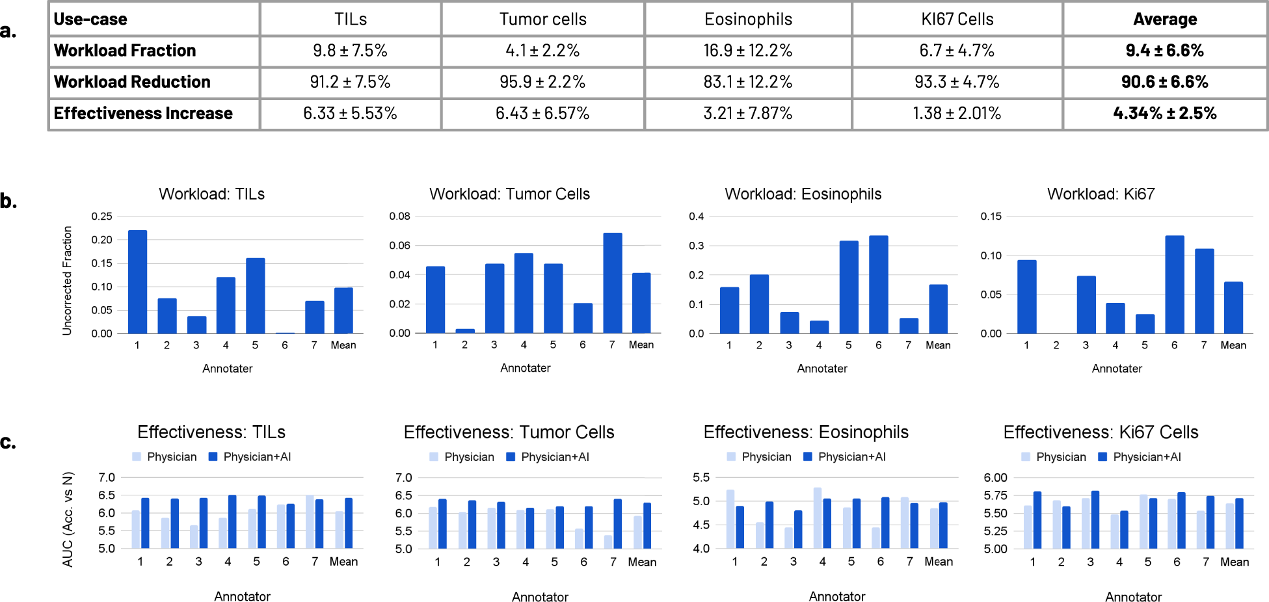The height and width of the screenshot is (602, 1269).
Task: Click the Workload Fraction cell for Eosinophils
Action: [x=747, y=51]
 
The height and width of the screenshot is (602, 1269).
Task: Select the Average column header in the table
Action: [x=1164, y=20]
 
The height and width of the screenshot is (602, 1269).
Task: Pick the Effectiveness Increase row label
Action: [x=143, y=113]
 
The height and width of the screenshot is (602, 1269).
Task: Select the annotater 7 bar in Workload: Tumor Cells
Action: [x=612, y=283]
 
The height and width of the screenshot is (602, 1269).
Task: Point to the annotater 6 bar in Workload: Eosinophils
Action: [x=878, y=284]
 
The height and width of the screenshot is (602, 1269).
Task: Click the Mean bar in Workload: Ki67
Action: [x=1233, y=308]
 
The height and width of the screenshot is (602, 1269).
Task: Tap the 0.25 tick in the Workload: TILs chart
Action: [x=101, y=216]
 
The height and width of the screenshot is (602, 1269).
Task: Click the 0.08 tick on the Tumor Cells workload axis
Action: [x=399, y=216]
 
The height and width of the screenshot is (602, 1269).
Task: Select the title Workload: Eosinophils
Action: [x=803, y=194]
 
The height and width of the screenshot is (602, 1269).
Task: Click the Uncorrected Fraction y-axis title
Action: [x=67, y=280]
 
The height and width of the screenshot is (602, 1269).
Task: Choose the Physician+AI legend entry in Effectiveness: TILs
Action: [x=250, y=457]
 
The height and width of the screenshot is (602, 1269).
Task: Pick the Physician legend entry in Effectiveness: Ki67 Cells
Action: [x=1054, y=457]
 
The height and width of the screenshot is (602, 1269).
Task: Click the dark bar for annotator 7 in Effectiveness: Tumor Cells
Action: [x=617, y=523]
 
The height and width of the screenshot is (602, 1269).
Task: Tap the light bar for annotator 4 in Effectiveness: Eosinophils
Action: [x=817, y=517]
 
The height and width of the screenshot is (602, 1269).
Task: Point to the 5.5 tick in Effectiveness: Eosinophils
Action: [x=701, y=477]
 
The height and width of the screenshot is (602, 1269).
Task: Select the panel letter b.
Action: [x=8, y=201]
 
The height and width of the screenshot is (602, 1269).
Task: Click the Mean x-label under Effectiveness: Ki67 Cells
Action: [x=1234, y=562]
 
